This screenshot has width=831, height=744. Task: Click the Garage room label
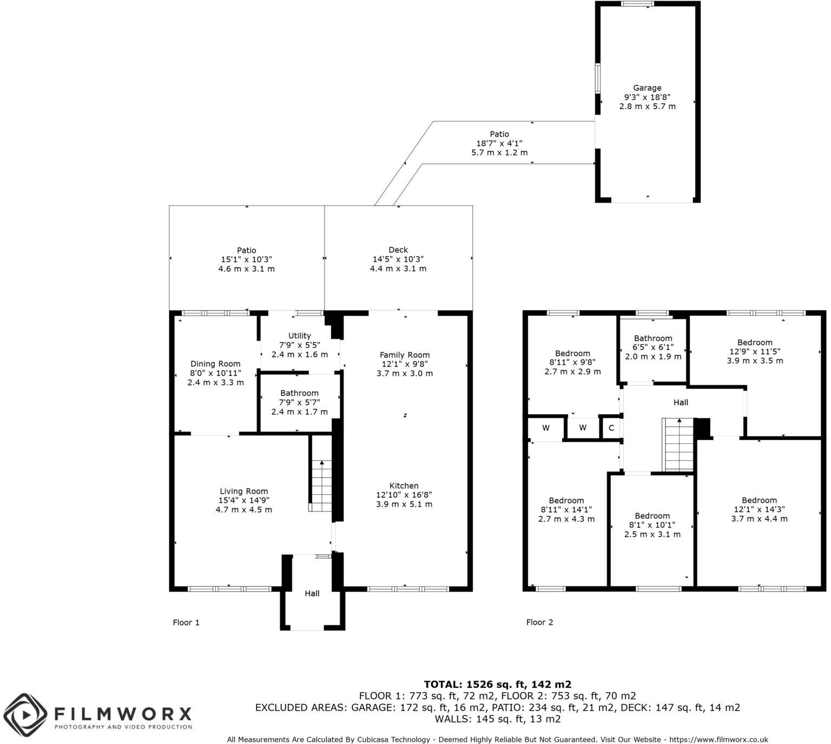coord(647,88)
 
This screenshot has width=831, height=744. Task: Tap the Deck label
coord(398,250)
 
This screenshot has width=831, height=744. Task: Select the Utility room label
coord(299,336)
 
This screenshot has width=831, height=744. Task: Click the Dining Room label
coord(215,364)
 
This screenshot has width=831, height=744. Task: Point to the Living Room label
coord(243,491)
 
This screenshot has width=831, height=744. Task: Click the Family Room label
coord(405,355)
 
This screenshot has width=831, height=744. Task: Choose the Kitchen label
coord(404,486)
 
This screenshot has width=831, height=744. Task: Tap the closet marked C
coord(611,428)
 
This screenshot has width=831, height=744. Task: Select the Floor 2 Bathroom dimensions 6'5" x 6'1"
coord(653,348)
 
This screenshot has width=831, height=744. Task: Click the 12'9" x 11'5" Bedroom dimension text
coord(755,351)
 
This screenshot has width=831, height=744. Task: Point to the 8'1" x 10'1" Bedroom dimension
coord(652,525)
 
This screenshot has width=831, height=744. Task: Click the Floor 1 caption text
coord(186,622)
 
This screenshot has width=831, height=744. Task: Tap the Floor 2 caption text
coord(539,622)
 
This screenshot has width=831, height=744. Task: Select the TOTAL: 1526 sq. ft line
coord(497,684)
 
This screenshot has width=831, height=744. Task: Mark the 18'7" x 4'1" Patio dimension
coord(499,143)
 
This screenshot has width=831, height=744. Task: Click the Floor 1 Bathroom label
coord(299,393)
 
